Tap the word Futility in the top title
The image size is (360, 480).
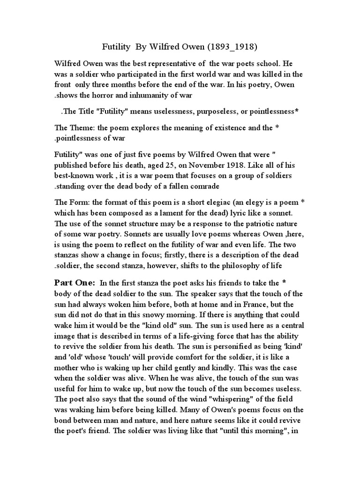pyautogui.click(x=117, y=47)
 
